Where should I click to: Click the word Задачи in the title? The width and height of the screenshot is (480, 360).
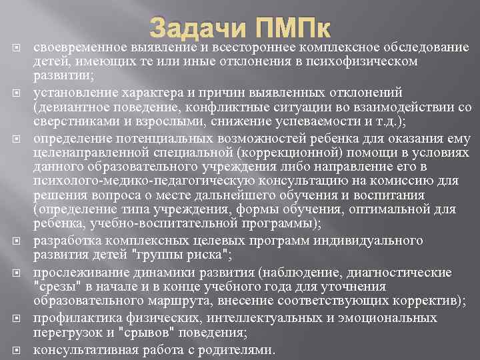click(x=193, y=30)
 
